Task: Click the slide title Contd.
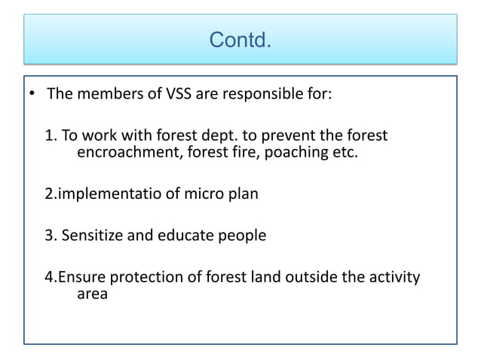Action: click(x=240, y=38)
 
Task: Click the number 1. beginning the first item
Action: click(x=51, y=136)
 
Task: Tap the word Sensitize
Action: click(x=96, y=236)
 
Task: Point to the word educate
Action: click(x=193, y=236)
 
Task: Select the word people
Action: click(x=244, y=236)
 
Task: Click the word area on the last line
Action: click(x=92, y=294)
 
